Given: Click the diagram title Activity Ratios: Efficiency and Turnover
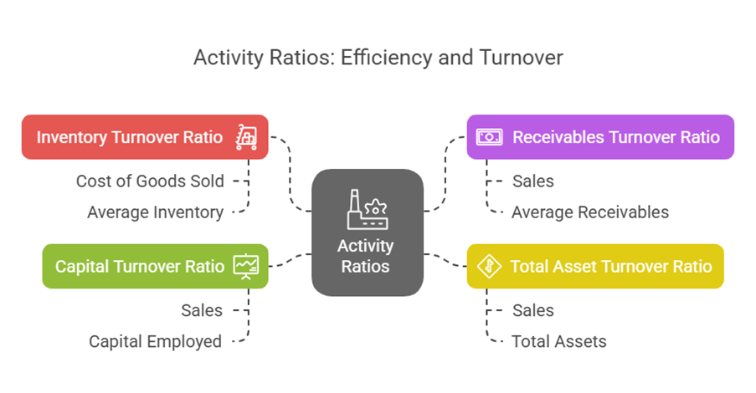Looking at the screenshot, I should pyautogui.click(x=378, y=58).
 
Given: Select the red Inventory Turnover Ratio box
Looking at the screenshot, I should pyautogui.click(x=145, y=136).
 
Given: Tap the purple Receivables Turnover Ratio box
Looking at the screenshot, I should pyautogui.click(x=599, y=136).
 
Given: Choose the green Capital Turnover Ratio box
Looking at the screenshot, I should pyautogui.click(x=155, y=266).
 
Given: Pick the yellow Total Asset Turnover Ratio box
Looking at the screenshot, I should pyautogui.click(x=594, y=266).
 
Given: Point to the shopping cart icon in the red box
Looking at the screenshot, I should pyautogui.click(x=247, y=136).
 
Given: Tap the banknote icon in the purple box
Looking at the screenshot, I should pyautogui.click(x=489, y=136).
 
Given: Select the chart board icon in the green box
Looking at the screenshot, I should pyautogui.click(x=247, y=266).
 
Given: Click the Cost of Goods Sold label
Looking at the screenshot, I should pyautogui.click(x=150, y=181).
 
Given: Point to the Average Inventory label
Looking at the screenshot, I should pyautogui.click(x=155, y=212).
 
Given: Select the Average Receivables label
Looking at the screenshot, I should pyautogui.click(x=590, y=212).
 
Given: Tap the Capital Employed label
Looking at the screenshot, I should pyautogui.click(x=155, y=341).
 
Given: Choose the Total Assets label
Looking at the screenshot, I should pyautogui.click(x=559, y=341).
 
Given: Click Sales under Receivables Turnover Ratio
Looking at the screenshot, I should pyautogui.click(x=533, y=181).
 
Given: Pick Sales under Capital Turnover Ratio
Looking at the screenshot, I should pyautogui.click(x=202, y=310).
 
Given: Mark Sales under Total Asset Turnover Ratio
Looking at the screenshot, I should pyautogui.click(x=533, y=310).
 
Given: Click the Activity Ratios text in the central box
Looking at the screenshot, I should pyautogui.click(x=367, y=256).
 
